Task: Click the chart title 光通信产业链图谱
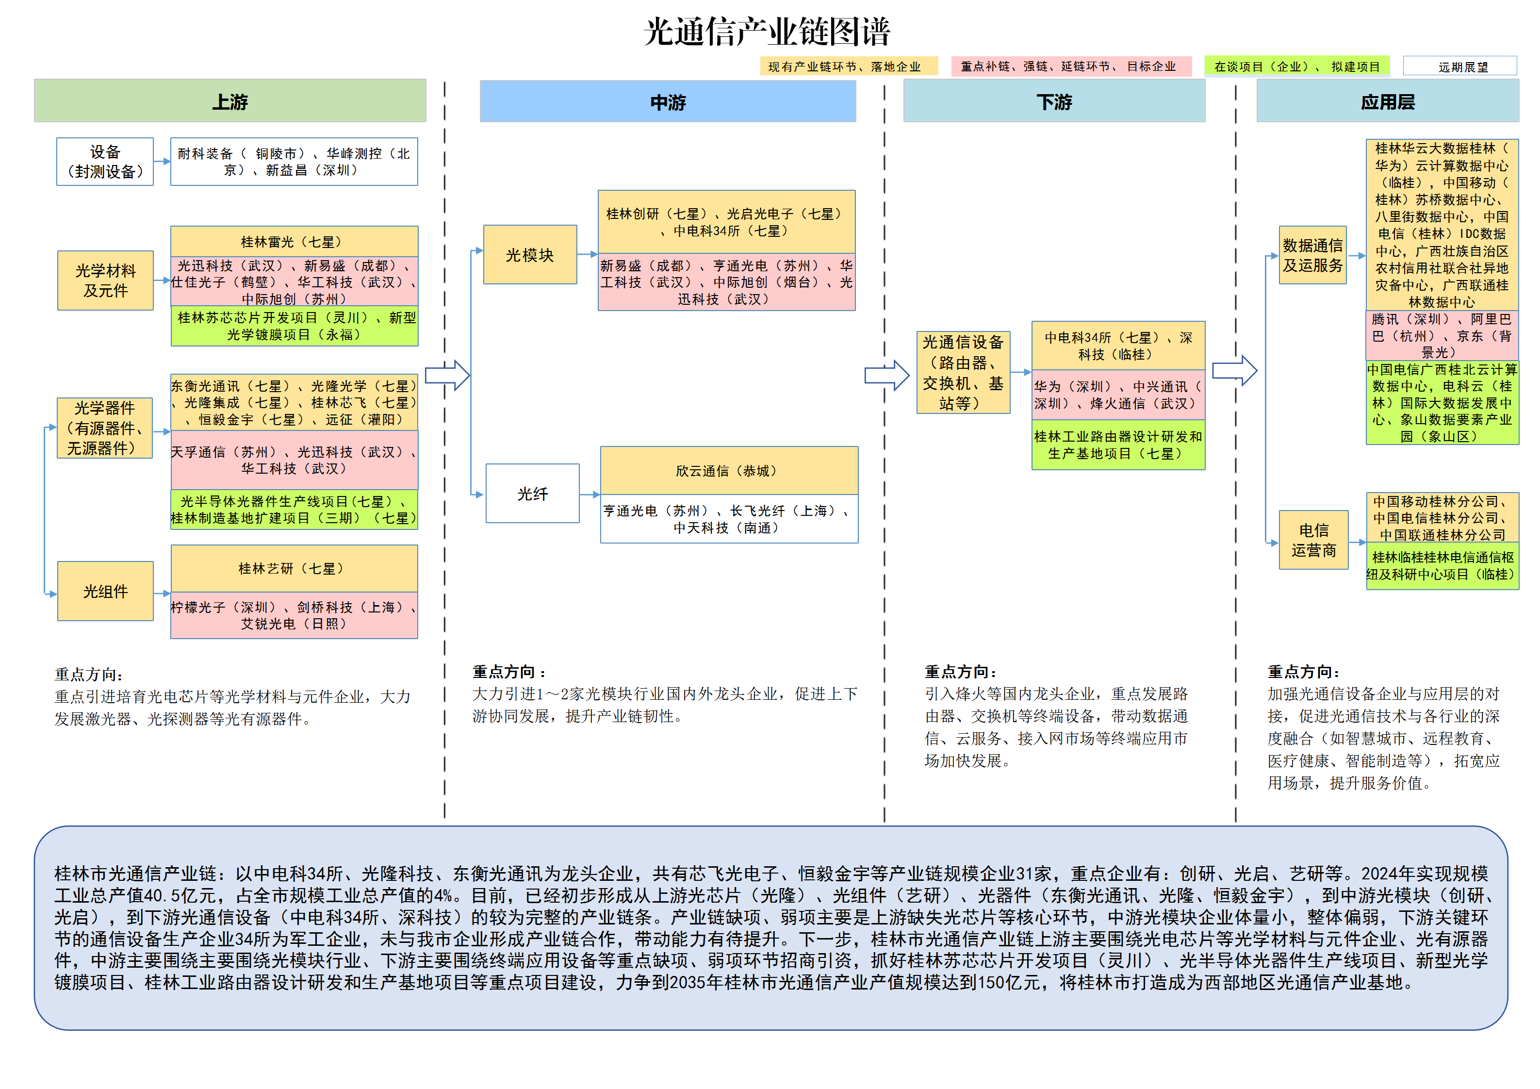767,32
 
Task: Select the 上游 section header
230,101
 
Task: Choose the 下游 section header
1054,102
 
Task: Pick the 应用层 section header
1387,102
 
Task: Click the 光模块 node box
530,255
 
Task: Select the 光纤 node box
533,494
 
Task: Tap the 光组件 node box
105,591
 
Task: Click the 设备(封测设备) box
105,162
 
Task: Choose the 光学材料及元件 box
105,280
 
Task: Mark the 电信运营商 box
1313,540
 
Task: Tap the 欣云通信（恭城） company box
729,470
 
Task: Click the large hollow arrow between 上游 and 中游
447,375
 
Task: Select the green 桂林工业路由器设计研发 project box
1118,445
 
